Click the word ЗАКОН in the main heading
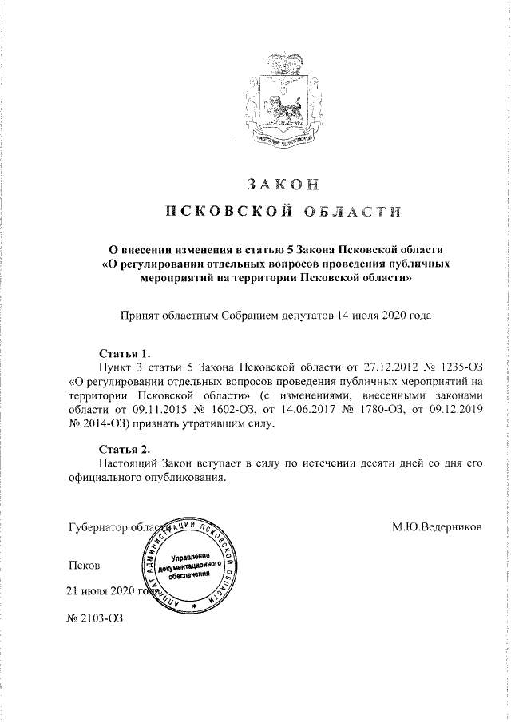(x=283, y=183)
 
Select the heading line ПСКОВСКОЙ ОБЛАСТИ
(x=283, y=211)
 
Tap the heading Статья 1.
(x=124, y=352)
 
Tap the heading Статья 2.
(x=124, y=447)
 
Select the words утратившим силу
(x=228, y=424)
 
